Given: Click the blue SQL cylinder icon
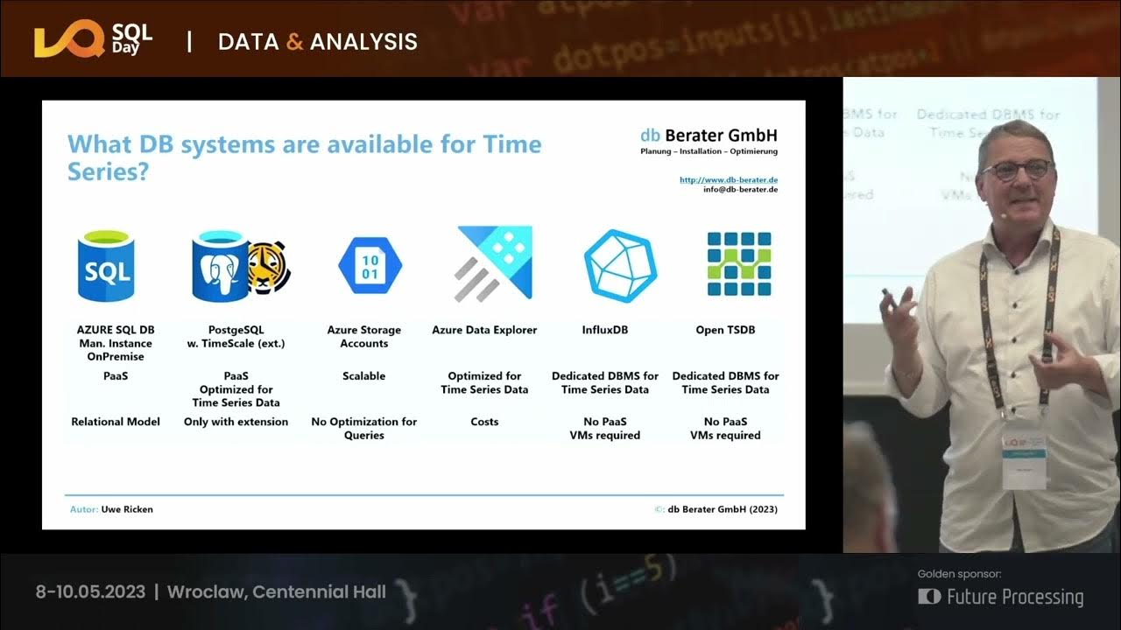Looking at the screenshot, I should (106, 266).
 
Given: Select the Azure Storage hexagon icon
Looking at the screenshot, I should (370, 266).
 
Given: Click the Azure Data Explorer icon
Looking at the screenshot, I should (494, 263).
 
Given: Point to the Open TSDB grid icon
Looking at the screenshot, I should (739, 264).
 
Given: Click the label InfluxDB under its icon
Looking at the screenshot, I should (604, 330).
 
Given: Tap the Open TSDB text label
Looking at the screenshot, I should (725, 330).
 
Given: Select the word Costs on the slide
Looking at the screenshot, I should (484, 422).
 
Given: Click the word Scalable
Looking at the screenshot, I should (363, 376).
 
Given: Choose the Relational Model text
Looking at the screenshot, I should (116, 422).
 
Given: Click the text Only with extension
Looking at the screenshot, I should (236, 422).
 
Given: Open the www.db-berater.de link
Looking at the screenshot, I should (729, 180).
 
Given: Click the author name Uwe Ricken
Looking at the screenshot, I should (127, 509).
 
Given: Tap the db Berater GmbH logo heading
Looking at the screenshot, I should (709, 136).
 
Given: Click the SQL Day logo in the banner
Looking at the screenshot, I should (93, 41).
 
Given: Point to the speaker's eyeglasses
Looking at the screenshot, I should (1016, 169).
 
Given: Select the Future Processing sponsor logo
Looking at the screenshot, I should (1001, 597).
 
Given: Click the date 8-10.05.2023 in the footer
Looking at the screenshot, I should (90, 592).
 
